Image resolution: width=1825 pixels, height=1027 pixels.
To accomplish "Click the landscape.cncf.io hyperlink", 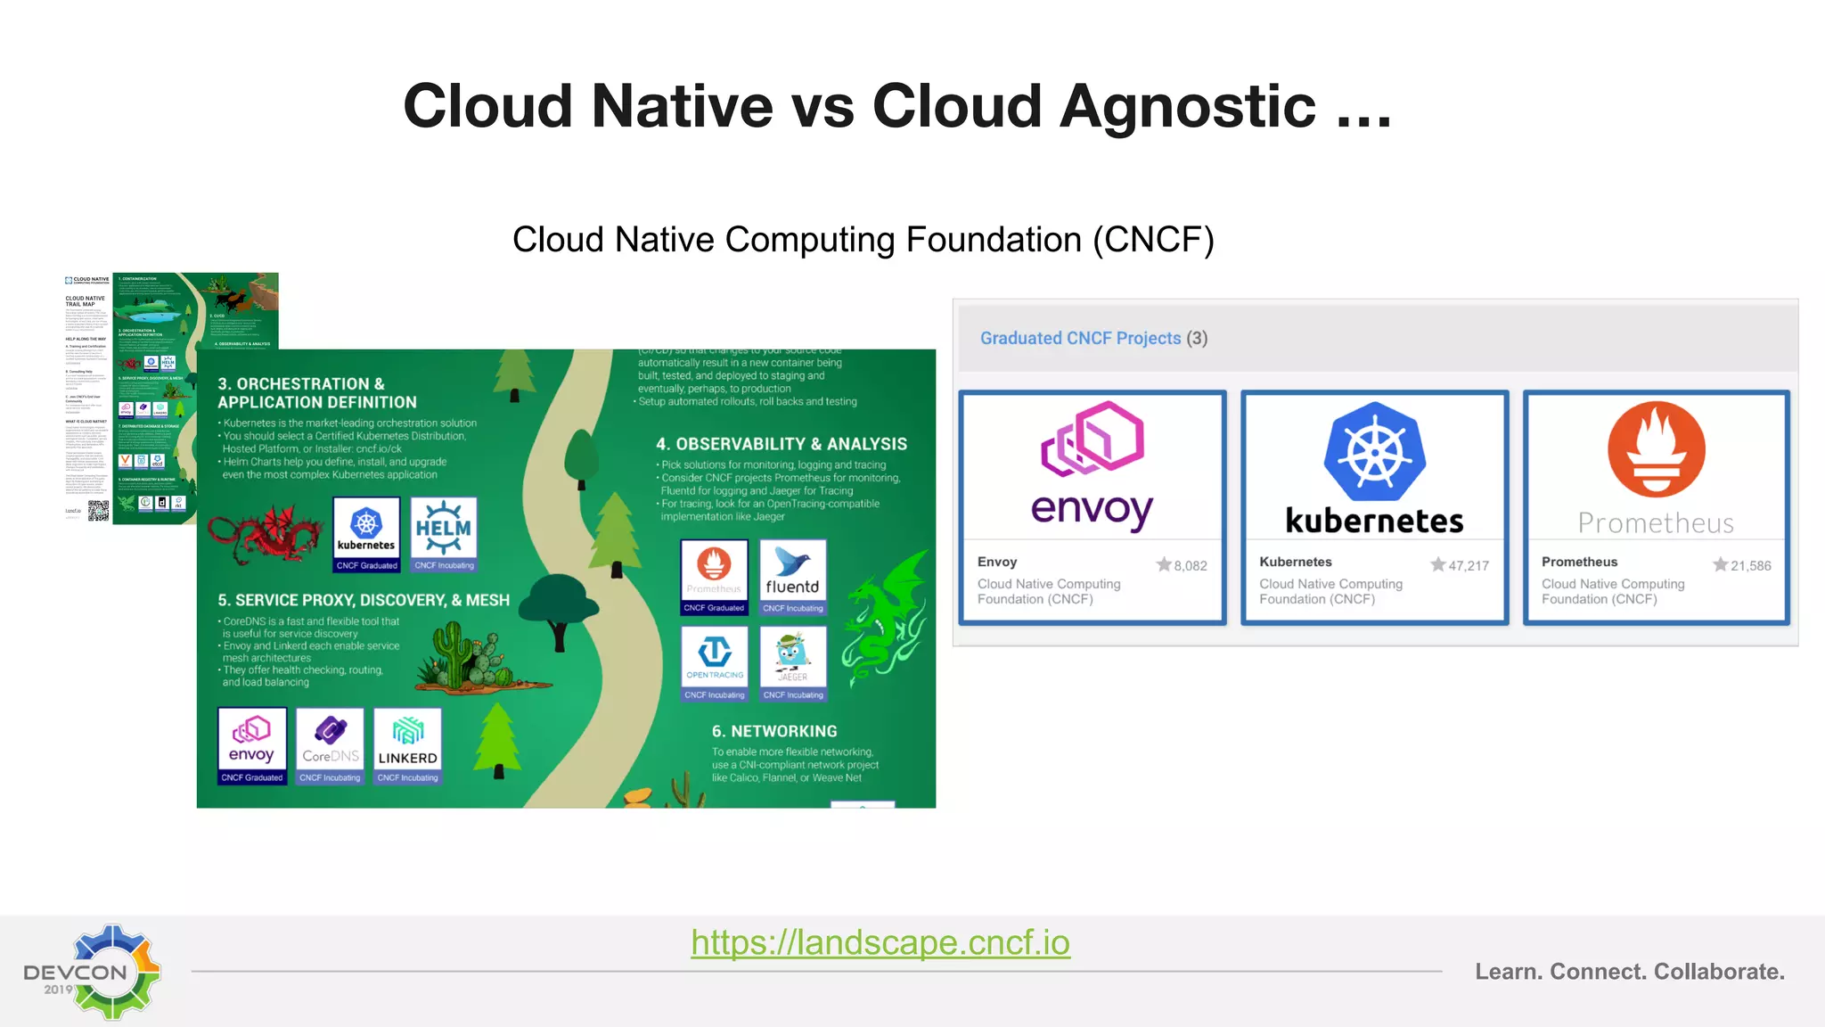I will (880, 942).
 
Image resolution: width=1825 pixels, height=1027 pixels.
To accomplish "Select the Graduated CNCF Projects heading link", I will (1080, 339).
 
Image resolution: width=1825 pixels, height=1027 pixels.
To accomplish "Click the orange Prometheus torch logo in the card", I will (1656, 449).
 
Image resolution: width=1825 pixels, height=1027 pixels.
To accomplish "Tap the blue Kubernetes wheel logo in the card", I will (1374, 452).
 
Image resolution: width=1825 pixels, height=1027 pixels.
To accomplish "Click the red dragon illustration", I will (265, 534).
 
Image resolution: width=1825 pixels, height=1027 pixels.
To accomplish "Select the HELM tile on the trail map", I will (444, 534).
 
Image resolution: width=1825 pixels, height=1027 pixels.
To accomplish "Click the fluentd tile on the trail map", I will (792, 577).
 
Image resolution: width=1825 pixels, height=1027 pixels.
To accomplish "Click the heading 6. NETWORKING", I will (774, 731).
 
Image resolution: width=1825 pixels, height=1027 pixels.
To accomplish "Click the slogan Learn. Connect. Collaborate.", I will (1629, 972).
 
